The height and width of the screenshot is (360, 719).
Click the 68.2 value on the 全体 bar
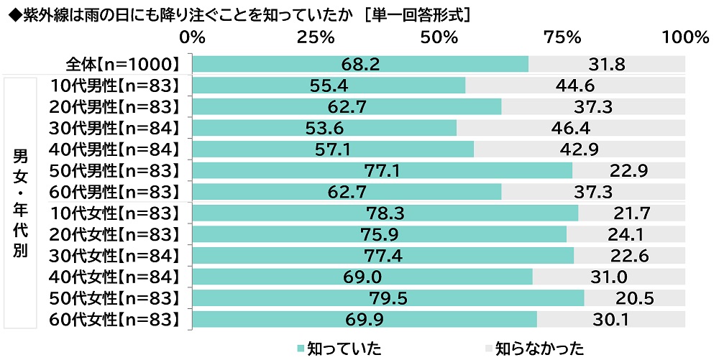tap(361, 64)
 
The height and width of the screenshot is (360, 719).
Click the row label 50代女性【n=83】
tap(114, 297)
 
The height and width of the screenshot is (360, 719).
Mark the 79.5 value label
tap(388, 297)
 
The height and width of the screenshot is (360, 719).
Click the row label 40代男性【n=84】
tap(114, 149)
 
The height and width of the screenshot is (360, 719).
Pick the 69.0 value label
tap(363, 277)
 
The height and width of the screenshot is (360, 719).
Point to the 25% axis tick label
tap(316, 37)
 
